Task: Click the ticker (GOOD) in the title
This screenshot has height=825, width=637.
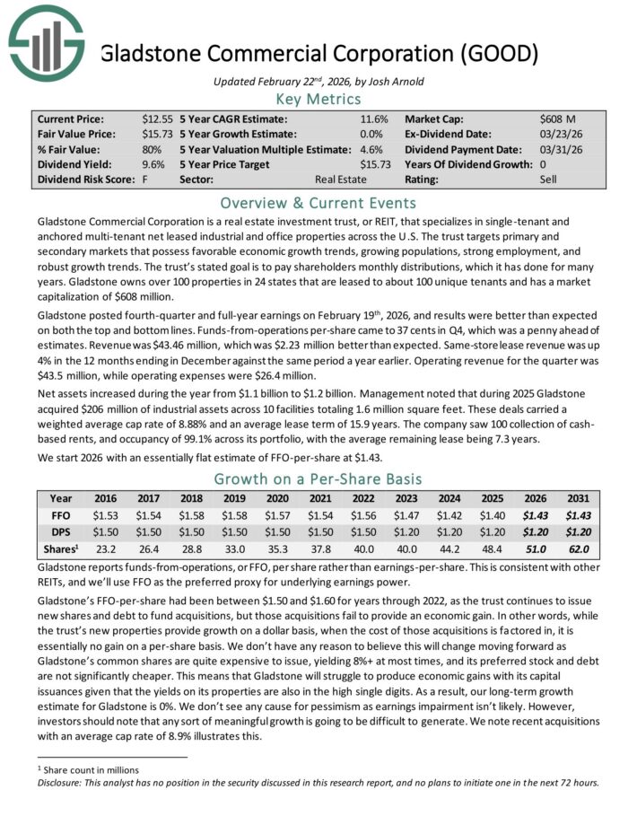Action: (496, 53)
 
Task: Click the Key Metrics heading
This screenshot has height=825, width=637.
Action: (318, 101)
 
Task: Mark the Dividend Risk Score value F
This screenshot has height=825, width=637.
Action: (145, 180)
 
